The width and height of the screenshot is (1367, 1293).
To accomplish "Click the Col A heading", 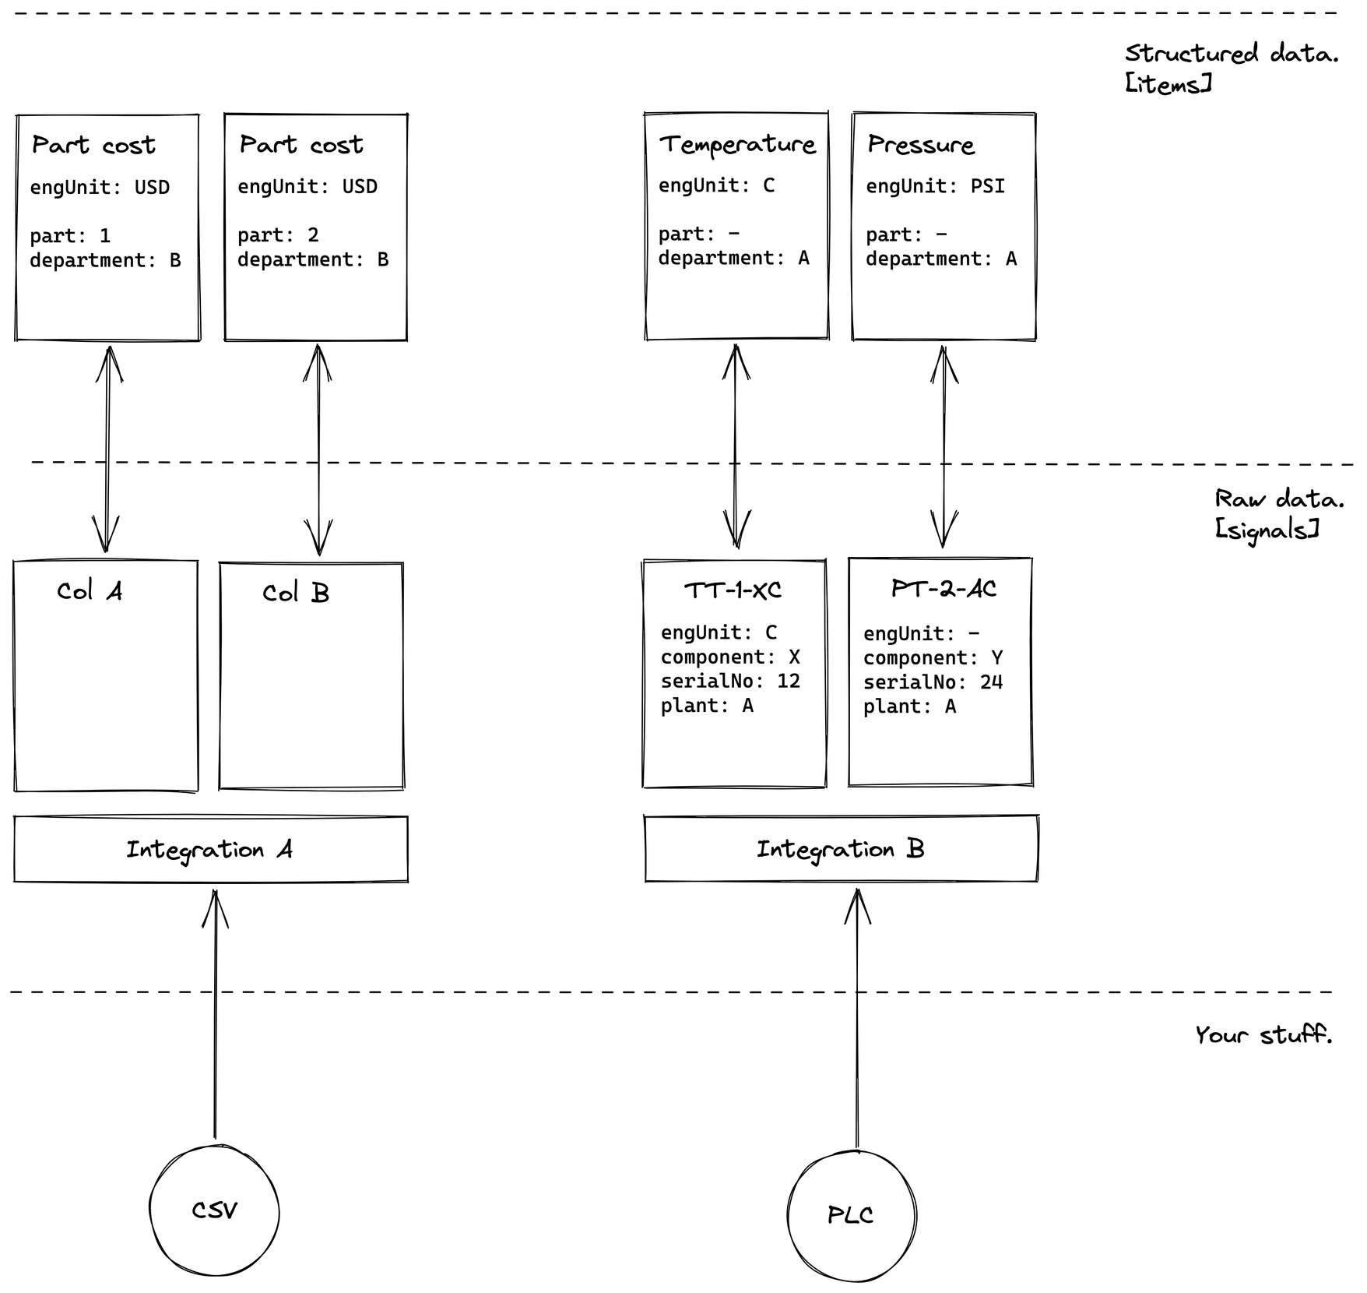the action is (90, 591).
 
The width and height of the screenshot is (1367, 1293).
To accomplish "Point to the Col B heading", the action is (296, 593).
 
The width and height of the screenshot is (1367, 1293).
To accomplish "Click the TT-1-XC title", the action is (733, 590).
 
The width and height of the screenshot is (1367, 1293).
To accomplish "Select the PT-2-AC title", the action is (944, 588).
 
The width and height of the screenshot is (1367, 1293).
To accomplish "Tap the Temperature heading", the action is (737, 145).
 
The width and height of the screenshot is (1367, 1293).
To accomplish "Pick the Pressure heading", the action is (921, 144).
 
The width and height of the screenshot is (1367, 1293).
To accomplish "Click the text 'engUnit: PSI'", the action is (935, 186).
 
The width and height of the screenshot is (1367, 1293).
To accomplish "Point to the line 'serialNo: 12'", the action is (730, 681).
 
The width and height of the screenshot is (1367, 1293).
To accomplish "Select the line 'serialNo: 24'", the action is (933, 682).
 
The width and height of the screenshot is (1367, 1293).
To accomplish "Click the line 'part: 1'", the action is (70, 235).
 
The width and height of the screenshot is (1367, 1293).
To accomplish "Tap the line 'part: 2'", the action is (278, 234).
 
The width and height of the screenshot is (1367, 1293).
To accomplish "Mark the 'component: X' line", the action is (730, 657).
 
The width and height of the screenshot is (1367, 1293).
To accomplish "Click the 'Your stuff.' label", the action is (1263, 1034).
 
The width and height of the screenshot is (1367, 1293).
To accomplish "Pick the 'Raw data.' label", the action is (1279, 499).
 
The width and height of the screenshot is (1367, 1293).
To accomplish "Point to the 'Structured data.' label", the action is (1231, 53).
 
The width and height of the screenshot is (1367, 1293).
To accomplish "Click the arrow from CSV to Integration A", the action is (216, 1014).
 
